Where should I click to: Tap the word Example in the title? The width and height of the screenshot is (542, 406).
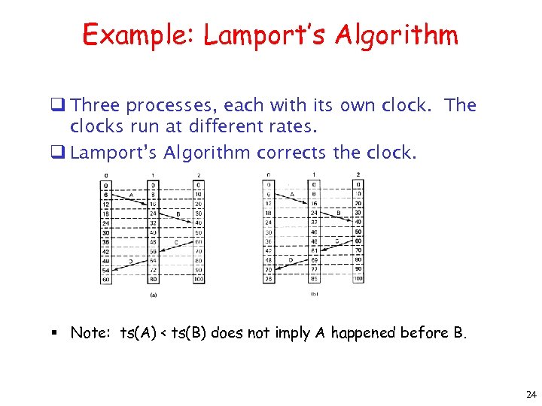coord(139,35)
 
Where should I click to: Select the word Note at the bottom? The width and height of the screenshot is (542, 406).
coord(89,333)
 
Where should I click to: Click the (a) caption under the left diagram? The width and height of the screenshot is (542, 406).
coord(154,295)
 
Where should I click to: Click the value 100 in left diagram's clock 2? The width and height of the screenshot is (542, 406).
coord(199,279)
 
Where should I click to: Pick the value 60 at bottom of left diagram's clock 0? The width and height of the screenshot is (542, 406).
coord(106,279)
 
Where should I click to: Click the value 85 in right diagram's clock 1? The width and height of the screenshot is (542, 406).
coord(314,278)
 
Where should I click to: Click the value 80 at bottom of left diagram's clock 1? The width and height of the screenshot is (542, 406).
coord(153,279)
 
